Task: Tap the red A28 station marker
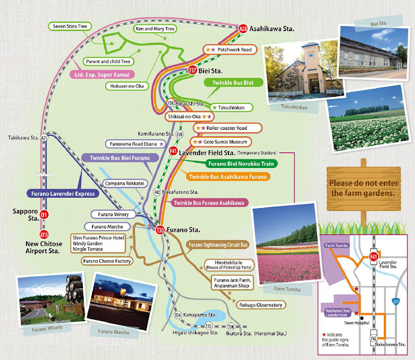tap(243, 29)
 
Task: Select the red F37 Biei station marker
tap(193, 69)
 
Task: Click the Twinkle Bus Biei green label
tap(232, 83)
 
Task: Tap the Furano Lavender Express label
tap(62, 193)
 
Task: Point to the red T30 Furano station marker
tap(160, 229)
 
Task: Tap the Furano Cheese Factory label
tap(108, 261)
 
